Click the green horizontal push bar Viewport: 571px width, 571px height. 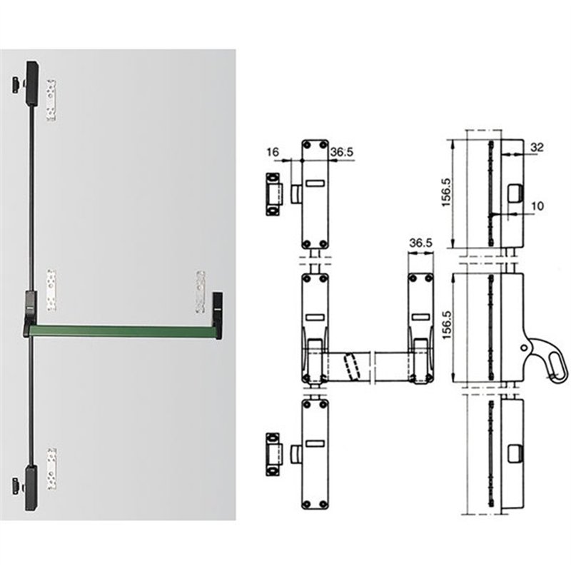coord(121,331)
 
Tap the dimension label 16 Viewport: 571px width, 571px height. coord(273,151)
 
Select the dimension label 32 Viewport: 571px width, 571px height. coord(537,147)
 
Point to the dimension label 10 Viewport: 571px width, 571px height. coord(537,206)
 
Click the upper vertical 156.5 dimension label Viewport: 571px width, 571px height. coord(446,193)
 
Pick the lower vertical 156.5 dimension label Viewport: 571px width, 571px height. coord(446,325)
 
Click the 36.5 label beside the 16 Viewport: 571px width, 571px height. coord(342,152)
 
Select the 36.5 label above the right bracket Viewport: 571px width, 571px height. coord(420,243)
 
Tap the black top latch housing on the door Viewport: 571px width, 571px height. coord(32,84)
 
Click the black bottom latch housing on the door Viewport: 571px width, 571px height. coord(31,487)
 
